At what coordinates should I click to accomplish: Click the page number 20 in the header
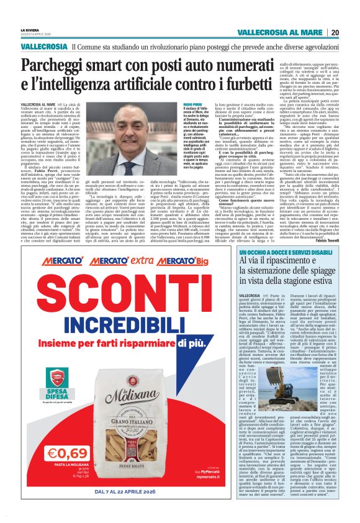[335, 32]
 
